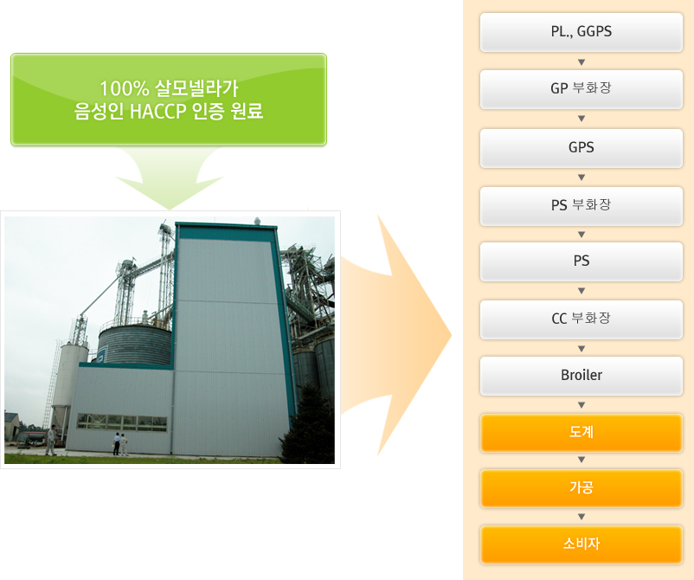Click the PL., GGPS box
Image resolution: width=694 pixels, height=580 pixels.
pos(582,32)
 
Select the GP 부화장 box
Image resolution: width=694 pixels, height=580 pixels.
pos(582,89)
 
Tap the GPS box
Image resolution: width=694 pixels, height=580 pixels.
pos(582,148)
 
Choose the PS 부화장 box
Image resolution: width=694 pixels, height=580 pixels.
pos(582,206)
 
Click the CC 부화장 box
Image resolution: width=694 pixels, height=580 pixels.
pos(582,319)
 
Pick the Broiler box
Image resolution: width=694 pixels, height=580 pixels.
pos(582,376)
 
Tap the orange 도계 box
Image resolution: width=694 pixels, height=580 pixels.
pos(582,433)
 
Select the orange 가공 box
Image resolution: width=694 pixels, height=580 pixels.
pos(582,488)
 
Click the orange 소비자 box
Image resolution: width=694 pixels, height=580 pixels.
pos(582,545)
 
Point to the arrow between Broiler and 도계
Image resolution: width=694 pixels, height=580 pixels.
pos(582,405)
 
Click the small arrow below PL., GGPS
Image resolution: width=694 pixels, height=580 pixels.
pos(582,62)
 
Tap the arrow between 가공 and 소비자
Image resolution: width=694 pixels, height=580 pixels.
pos(582,517)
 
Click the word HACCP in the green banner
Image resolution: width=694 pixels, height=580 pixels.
pos(157,111)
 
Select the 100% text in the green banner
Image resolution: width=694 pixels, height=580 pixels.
pos(124,88)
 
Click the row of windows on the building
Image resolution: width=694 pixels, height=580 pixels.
pos(122,422)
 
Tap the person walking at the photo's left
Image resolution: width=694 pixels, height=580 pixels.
pos(51,440)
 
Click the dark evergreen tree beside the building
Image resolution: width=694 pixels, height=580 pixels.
pos(308,425)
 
